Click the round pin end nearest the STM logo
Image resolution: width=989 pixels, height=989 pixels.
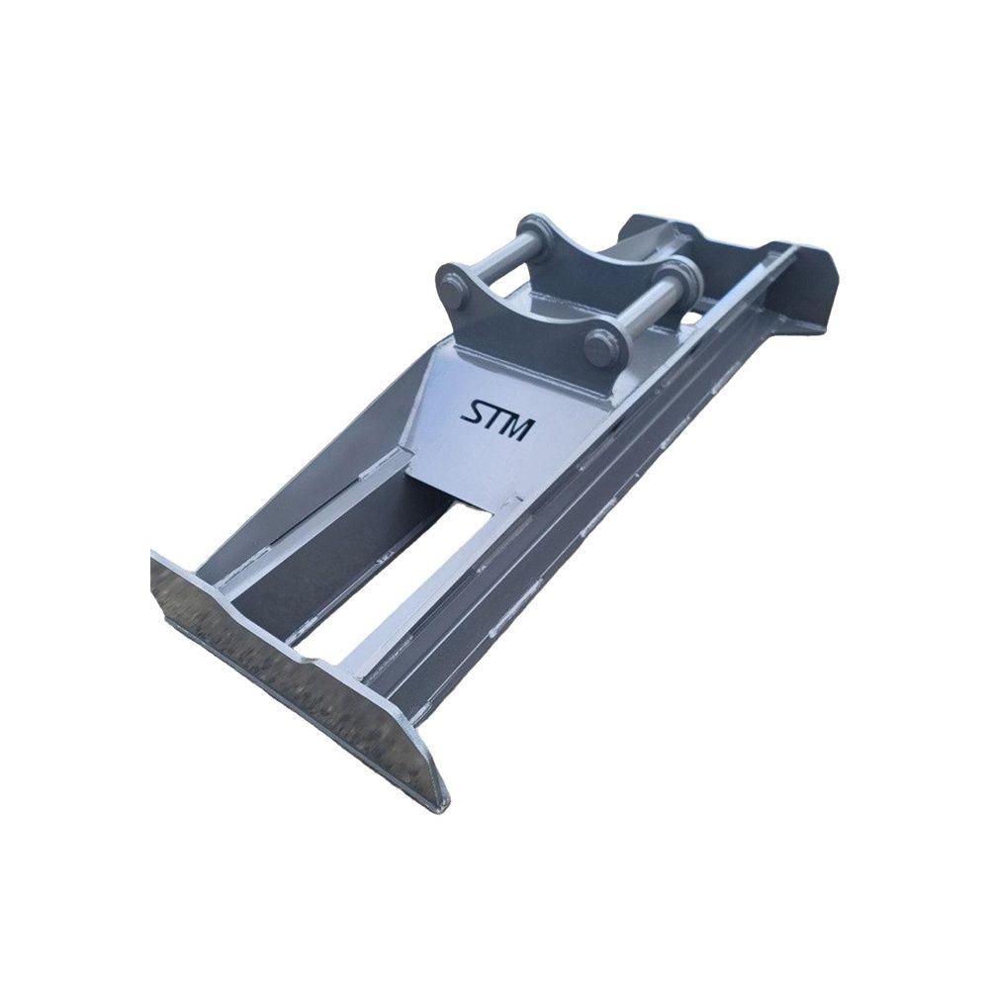click(x=598, y=347)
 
